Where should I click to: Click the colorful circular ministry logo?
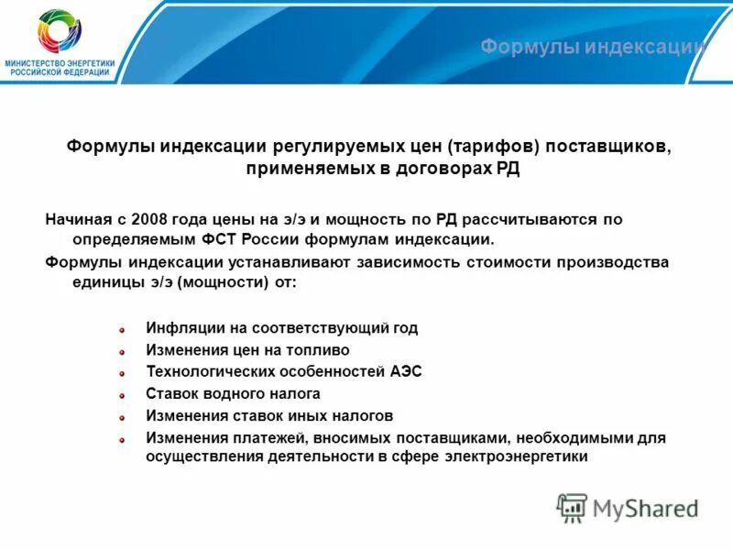pyautogui.click(x=60, y=31)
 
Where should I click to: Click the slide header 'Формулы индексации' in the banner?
pyautogui.click(x=593, y=47)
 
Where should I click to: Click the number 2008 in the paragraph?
pyautogui.click(x=148, y=220)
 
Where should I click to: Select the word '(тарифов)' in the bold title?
pyautogui.click(x=487, y=148)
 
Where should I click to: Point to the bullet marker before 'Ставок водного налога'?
pyautogui.click(x=122, y=395)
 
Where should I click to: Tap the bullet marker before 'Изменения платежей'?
pyautogui.click(x=122, y=439)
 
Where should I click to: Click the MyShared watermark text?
pyautogui.click(x=645, y=507)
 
